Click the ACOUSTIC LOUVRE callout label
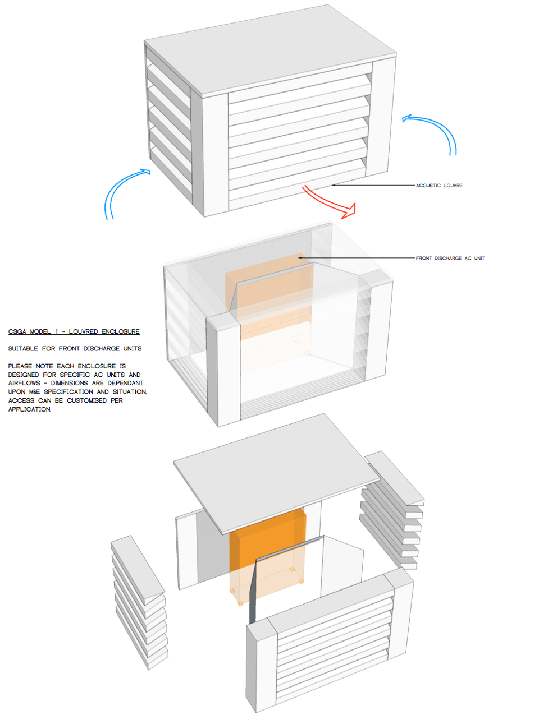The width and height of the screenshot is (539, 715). pos(439,186)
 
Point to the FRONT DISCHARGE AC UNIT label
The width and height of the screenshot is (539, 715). pos(450,258)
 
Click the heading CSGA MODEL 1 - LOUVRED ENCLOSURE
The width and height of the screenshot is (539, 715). pos(74,331)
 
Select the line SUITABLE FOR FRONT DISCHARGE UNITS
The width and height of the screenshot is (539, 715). pos(75,348)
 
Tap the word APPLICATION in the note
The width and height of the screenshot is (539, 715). pos(29,409)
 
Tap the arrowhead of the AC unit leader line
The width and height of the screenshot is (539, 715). pos(299,257)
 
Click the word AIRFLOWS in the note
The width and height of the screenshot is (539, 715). pos(24,383)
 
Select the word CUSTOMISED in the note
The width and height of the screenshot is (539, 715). pos(86,400)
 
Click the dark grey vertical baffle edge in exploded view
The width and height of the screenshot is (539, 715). pos(253,591)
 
